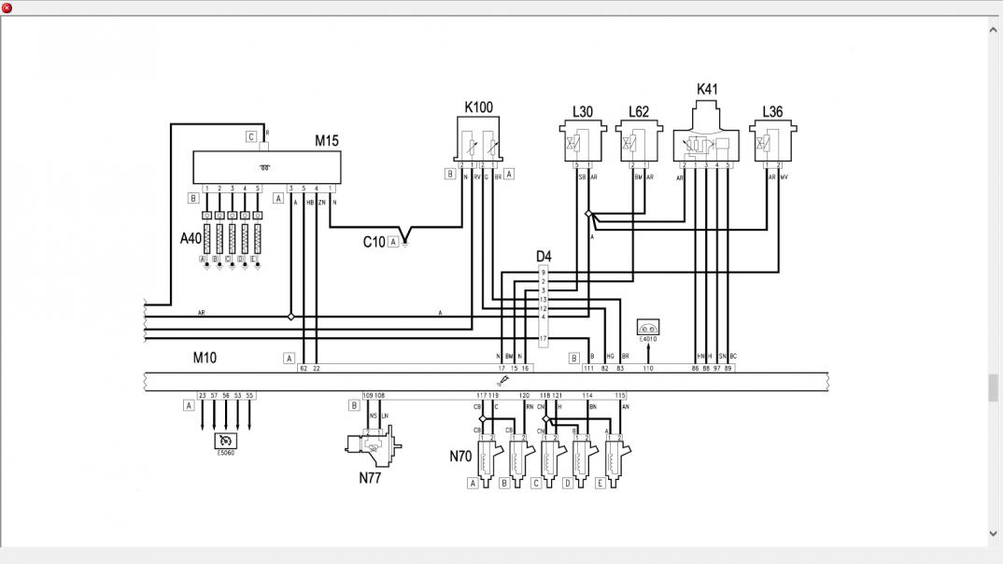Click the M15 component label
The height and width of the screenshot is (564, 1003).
coord(326,141)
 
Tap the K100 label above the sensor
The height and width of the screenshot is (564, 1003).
coord(478,107)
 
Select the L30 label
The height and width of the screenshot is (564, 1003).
coord(582,112)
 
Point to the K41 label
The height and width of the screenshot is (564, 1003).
coord(707,90)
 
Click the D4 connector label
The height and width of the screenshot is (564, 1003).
coord(543,256)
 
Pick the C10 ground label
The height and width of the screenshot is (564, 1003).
coord(374,242)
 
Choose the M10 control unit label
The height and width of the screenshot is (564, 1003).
coord(205,358)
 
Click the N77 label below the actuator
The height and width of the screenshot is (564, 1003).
coord(370,479)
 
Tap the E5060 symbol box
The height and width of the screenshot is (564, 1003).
coord(226,442)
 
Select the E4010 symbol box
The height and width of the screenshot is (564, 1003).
coord(648,328)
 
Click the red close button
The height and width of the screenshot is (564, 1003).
coord(7,7)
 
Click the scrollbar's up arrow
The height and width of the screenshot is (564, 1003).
coord(993,30)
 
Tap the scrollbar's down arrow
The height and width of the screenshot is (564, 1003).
coord(993,534)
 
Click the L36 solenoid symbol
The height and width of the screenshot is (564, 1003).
coord(772,142)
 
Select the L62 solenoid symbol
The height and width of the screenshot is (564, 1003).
coord(638,143)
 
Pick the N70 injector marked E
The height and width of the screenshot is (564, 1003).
coord(614,458)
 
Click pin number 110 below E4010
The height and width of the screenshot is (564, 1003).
coord(648,369)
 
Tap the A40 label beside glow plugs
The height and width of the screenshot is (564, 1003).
coord(191,238)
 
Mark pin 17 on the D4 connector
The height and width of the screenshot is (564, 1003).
coord(543,338)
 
